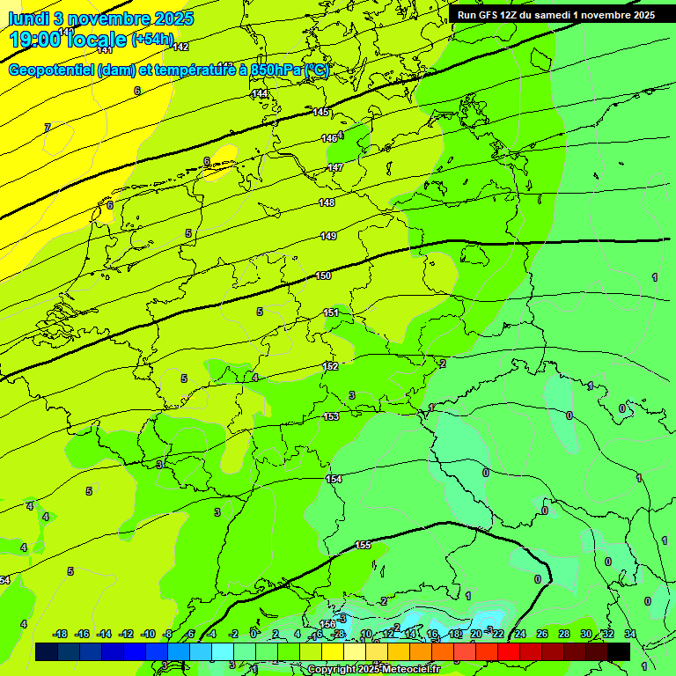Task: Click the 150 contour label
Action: [x=323, y=276]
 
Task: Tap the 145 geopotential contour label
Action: [x=320, y=112]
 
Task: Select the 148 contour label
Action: [x=327, y=203]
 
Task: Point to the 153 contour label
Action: [x=331, y=417]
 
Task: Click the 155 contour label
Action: [x=363, y=546]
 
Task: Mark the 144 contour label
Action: [x=260, y=93]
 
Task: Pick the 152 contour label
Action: [x=330, y=366]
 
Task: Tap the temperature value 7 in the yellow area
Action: [x=48, y=128]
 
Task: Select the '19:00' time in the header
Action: [x=35, y=39]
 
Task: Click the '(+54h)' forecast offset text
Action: [x=152, y=40]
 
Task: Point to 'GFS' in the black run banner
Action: [x=489, y=15]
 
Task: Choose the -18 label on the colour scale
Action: [x=60, y=634]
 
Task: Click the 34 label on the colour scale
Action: [x=629, y=634]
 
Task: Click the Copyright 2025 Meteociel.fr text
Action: [x=373, y=670]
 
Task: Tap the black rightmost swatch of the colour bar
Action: [x=619, y=651]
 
